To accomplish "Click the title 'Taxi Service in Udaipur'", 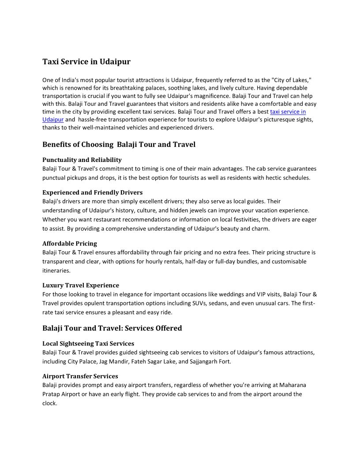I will pos(86,62).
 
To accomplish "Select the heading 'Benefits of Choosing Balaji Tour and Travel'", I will pos(119,145).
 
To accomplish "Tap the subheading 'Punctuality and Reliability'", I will pos(82,160).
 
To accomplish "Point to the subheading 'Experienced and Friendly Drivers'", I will pos(92,192).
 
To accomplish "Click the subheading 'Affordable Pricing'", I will pos(70,244).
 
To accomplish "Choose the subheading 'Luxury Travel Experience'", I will pos(81,286).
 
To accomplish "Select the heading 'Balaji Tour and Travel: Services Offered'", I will pos(112,328).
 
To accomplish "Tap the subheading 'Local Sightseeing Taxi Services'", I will pos(88,344).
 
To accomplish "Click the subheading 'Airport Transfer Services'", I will pos(80,376).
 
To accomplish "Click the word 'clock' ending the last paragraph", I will pos(49,403).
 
